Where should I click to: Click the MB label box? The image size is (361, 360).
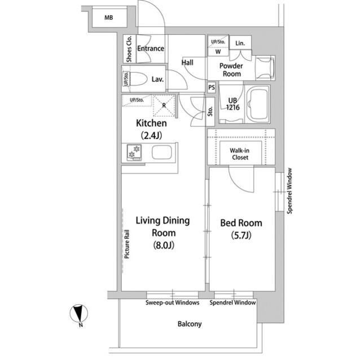[x=108, y=18]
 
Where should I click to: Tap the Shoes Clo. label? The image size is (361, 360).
[x=129, y=49]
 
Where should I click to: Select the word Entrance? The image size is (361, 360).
[x=150, y=48]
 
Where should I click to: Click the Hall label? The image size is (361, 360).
[x=187, y=63]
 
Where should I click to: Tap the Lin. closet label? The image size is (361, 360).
[x=240, y=43]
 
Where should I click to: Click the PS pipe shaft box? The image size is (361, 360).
[x=212, y=87]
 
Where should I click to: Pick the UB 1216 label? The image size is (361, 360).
[x=232, y=105]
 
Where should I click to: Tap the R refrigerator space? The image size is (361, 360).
[x=164, y=105]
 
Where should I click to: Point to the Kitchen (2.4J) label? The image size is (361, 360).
[x=151, y=128]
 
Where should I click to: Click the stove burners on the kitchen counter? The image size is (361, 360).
[x=134, y=152]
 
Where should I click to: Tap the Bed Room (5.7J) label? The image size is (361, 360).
[x=241, y=229]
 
